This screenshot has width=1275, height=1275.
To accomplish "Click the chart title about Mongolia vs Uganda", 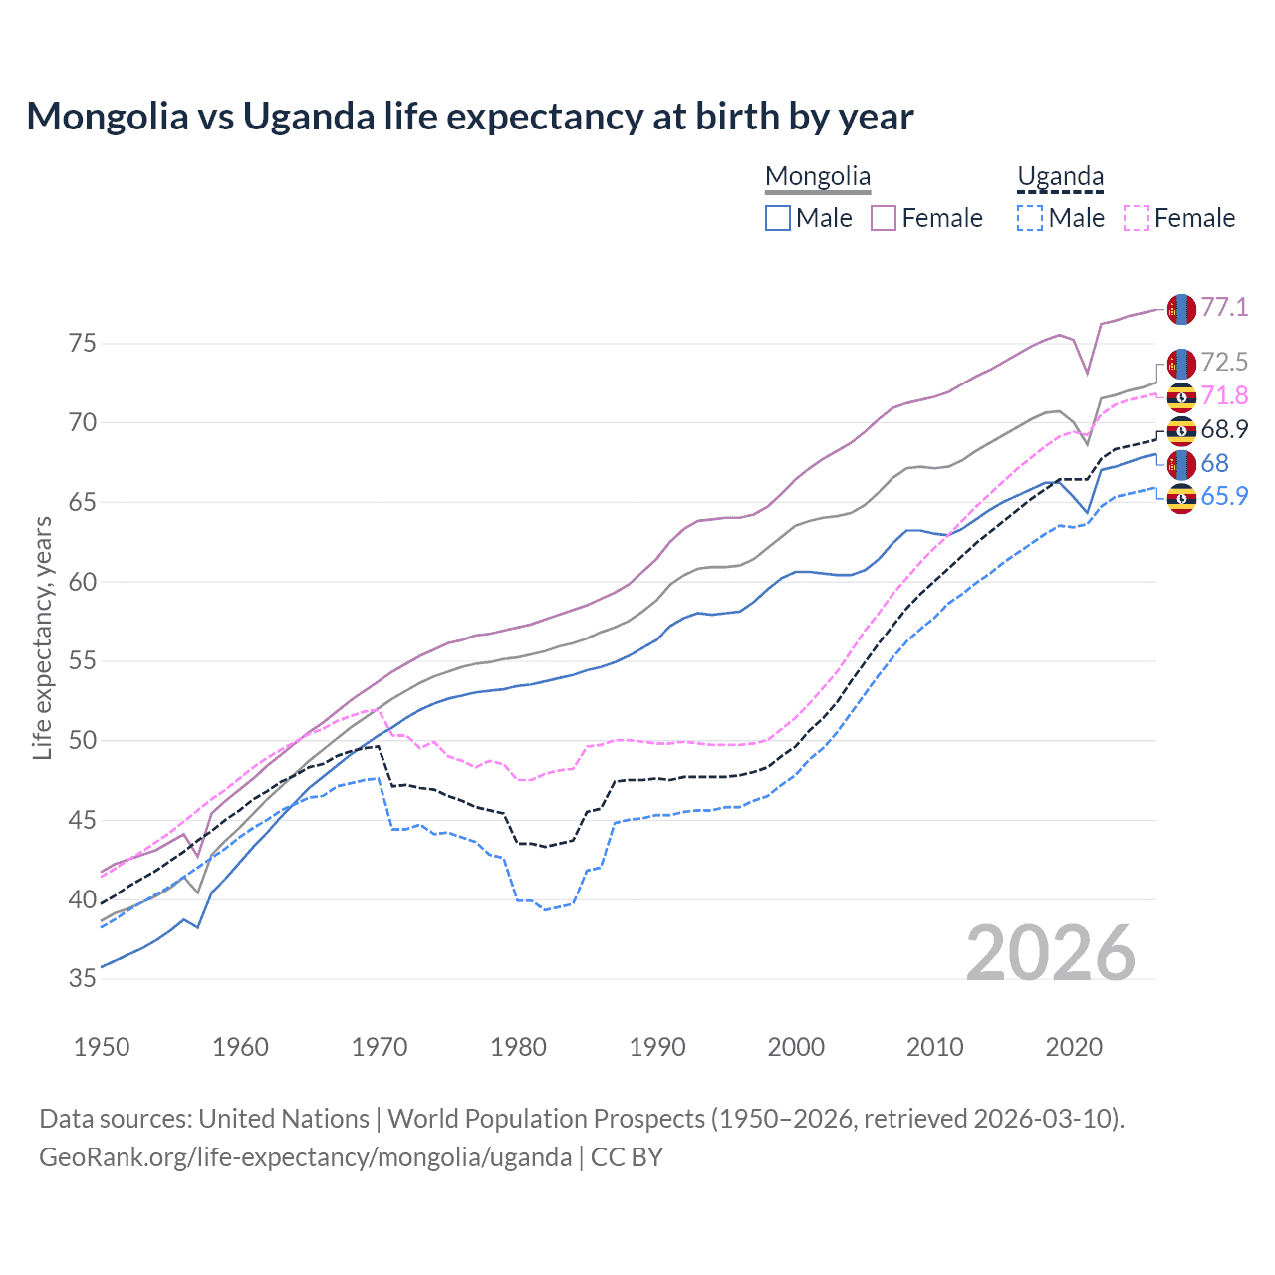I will point(469,117).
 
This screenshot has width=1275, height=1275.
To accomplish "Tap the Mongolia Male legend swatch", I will point(778,218).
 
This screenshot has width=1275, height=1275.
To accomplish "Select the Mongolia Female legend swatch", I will point(884,218).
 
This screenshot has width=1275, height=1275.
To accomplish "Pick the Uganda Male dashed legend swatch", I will point(1030,218).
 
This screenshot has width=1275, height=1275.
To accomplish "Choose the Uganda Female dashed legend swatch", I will point(1137,218).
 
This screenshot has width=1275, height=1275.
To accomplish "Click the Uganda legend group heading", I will point(1060,177).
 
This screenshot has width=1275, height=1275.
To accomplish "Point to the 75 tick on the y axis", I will point(83,344).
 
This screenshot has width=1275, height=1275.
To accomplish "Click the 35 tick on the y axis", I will point(83,979).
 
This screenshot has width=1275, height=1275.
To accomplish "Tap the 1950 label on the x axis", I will point(102,1047).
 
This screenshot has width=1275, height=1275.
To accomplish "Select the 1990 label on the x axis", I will point(657,1047).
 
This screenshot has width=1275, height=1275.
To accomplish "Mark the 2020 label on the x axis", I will point(1074,1047).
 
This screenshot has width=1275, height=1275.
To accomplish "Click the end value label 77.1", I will point(1224,307).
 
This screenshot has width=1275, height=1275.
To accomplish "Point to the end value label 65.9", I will point(1224,496).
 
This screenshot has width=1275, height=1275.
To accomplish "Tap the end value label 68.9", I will point(1224,429).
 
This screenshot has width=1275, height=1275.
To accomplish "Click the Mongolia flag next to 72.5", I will point(1181,364).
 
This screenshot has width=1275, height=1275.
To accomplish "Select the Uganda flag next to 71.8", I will point(1181,397).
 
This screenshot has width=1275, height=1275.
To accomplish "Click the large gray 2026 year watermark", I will point(1051,953).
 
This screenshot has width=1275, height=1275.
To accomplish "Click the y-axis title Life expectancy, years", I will point(42,637).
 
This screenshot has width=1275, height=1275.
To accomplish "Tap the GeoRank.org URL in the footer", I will point(305,1157).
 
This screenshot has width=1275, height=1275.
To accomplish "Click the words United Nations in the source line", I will point(284,1119).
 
